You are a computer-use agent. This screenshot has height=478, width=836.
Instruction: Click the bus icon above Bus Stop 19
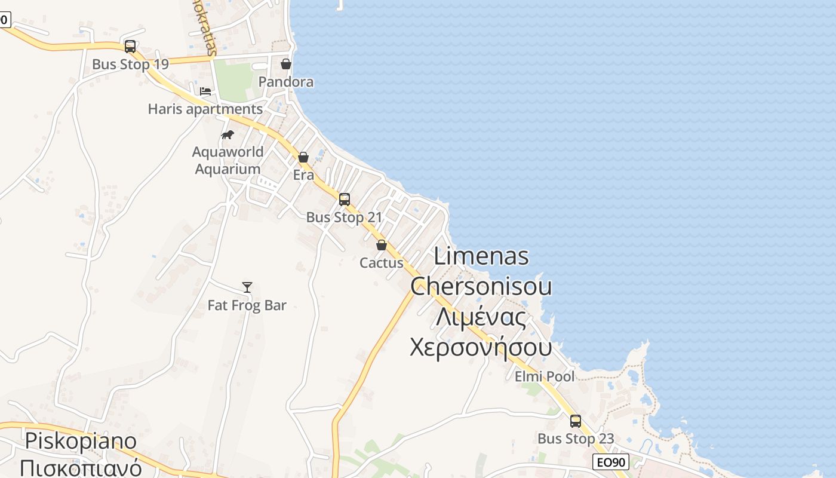[x=130, y=46]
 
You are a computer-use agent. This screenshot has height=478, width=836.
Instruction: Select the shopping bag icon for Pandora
[x=286, y=63]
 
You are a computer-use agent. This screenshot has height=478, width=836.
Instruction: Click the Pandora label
[x=286, y=82]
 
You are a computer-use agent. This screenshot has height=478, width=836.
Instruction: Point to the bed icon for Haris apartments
[x=205, y=91]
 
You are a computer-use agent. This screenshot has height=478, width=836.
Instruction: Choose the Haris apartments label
[x=205, y=109]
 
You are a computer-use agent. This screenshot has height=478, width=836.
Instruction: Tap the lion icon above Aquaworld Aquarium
[x=228, y=134]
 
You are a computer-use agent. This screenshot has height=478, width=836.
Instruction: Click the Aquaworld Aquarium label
[x=228, y=160]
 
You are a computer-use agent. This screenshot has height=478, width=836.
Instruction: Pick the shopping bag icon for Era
[x=303, y=157]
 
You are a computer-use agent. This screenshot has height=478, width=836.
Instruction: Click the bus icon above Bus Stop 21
[x=345, y=199]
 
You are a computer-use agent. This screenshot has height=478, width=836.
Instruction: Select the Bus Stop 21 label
[x=344, y=217]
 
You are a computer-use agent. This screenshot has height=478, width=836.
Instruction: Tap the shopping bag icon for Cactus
[x=382, y=245]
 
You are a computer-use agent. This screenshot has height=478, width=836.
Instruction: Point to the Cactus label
[x=382, y=263]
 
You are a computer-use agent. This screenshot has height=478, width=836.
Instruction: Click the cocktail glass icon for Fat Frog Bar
[x=247, y=287]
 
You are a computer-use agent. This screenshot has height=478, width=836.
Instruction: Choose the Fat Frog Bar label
[x=247, y=305]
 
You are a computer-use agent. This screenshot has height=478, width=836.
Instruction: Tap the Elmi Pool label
[x=545, y=376]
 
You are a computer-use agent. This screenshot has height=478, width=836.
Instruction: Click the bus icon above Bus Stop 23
[x=576, y=421]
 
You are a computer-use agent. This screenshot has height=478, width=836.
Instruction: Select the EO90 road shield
[x=611, y=462]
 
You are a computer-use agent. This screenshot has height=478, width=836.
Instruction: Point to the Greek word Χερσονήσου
[x=481, y=347]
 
